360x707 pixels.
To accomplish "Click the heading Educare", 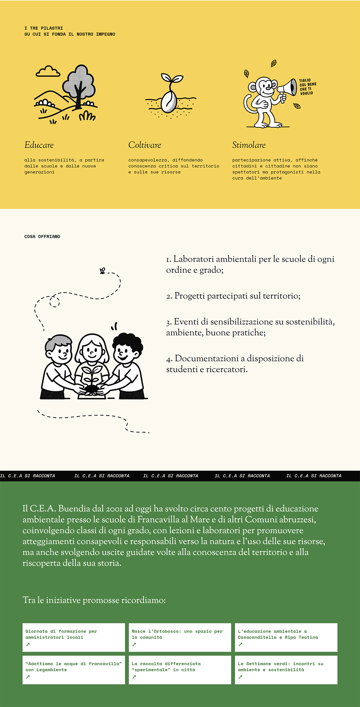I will pyautogui.click(x=39, y=145).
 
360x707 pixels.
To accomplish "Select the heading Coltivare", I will pyautogui.click(x=144, y=145).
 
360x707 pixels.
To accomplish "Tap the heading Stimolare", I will pyautogui.click(x=249, y=145).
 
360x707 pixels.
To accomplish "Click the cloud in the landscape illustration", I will pyautogui.click(x=48, y=72).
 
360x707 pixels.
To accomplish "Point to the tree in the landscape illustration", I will pyautogui.click(x=79, y=85).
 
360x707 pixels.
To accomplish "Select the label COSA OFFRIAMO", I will pyautogui.click(x=42, y=237).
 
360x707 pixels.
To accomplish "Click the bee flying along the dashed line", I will pyautogui.click(x=103, y=271).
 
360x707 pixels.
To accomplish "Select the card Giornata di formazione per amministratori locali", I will pyautogui.click(x=73, y=637).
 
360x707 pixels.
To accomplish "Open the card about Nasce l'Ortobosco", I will pyautogui.click(x=180, y=637).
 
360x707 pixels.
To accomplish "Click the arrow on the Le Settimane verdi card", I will pyautogui.click(x=240, y=677).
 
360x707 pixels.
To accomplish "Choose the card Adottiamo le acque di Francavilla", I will pyautogui.click(x=73, y=670).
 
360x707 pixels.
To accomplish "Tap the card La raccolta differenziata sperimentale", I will pyautogui.click(x=180, y=670).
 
